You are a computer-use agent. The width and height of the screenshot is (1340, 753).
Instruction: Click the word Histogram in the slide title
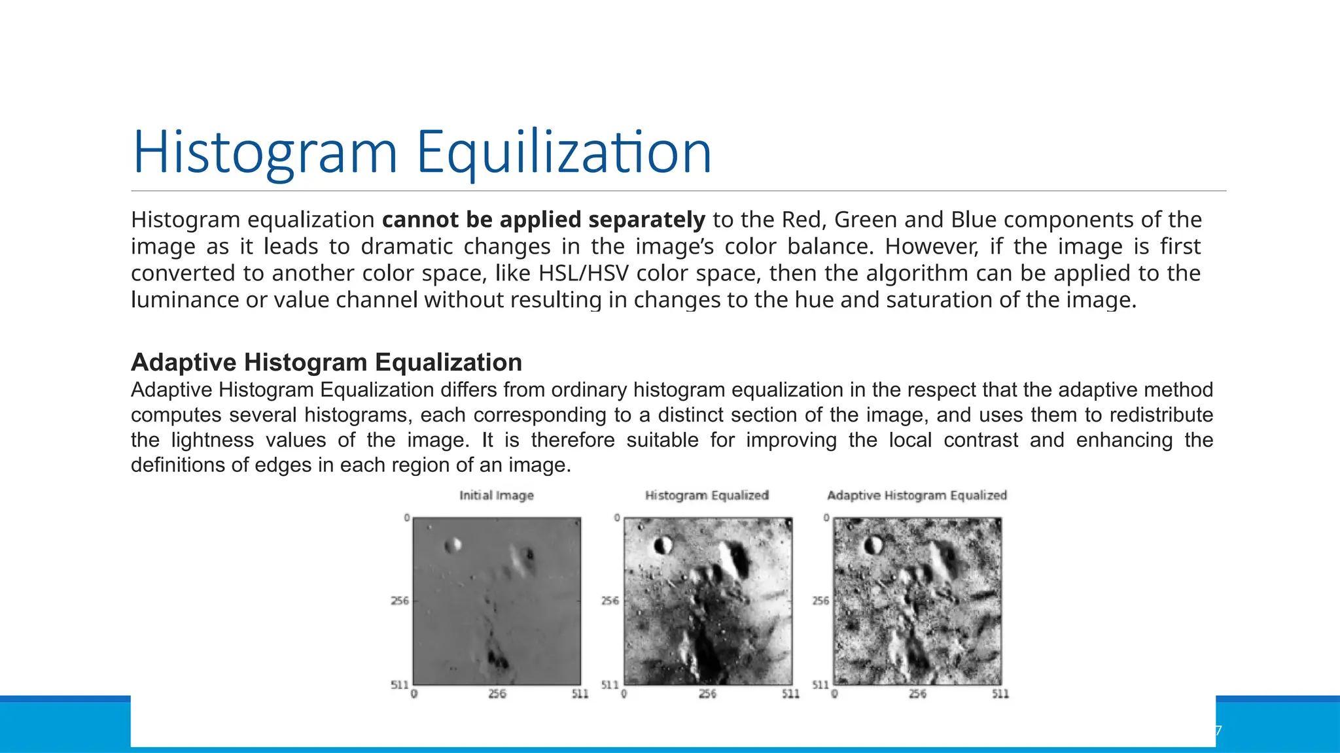[265, 152]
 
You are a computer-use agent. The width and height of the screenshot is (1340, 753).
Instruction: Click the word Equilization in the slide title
[563, 152]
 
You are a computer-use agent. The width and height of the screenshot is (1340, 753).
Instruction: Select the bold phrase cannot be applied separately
[543, 220]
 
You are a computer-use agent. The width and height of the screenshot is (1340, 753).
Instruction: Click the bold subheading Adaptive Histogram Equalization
[326, 362]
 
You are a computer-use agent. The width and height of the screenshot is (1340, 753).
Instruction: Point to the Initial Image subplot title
[496, 495]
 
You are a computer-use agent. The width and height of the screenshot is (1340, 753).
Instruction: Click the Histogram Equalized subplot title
[707, 495]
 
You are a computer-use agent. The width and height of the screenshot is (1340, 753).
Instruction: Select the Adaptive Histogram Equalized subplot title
[917, 495]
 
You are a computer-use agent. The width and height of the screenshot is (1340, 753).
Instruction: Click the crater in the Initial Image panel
[453, 544]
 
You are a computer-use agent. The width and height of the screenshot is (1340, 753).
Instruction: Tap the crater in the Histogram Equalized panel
[663, 544]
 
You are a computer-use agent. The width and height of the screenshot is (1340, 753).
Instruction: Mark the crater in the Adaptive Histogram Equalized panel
[873, 544]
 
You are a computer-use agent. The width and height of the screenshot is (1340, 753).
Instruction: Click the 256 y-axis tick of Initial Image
[400, 601]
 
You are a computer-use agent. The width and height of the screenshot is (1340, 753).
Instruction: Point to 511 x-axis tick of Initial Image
[580, 694]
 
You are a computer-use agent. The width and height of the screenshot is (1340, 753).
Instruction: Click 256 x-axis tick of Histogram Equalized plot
[707, 694]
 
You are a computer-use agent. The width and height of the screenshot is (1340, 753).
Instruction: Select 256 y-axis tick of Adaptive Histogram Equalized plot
[820, 601]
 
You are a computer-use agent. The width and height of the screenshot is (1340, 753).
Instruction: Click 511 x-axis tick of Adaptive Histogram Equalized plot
[1000, 694]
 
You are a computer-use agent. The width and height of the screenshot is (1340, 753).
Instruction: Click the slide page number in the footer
[1218, 731]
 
